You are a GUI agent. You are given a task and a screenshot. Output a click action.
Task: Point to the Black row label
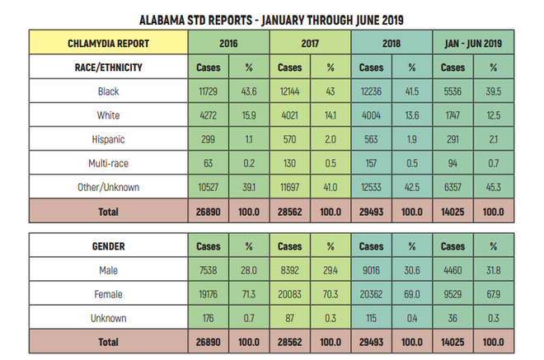[108, 91]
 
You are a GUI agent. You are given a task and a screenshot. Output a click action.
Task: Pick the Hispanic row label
[108, 139]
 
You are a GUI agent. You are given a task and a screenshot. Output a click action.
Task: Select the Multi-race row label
[108, 163]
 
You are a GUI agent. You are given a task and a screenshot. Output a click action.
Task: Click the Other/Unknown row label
[108, 187]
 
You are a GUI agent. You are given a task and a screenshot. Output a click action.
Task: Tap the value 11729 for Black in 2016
[208, 91]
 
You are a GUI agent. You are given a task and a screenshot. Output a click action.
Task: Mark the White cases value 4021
[290, 115]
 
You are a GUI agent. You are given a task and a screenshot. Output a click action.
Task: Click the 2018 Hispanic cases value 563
[372, 139]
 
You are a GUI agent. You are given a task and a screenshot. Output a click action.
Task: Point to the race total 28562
[290, 212]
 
